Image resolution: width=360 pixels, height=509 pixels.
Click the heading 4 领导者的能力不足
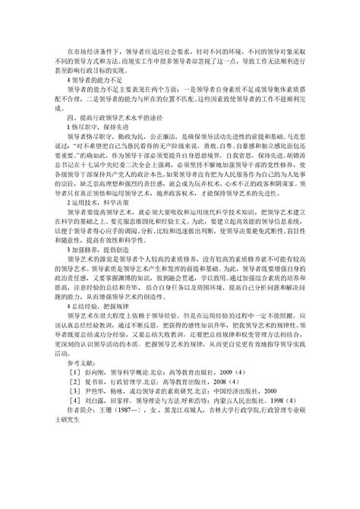(96, 78)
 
